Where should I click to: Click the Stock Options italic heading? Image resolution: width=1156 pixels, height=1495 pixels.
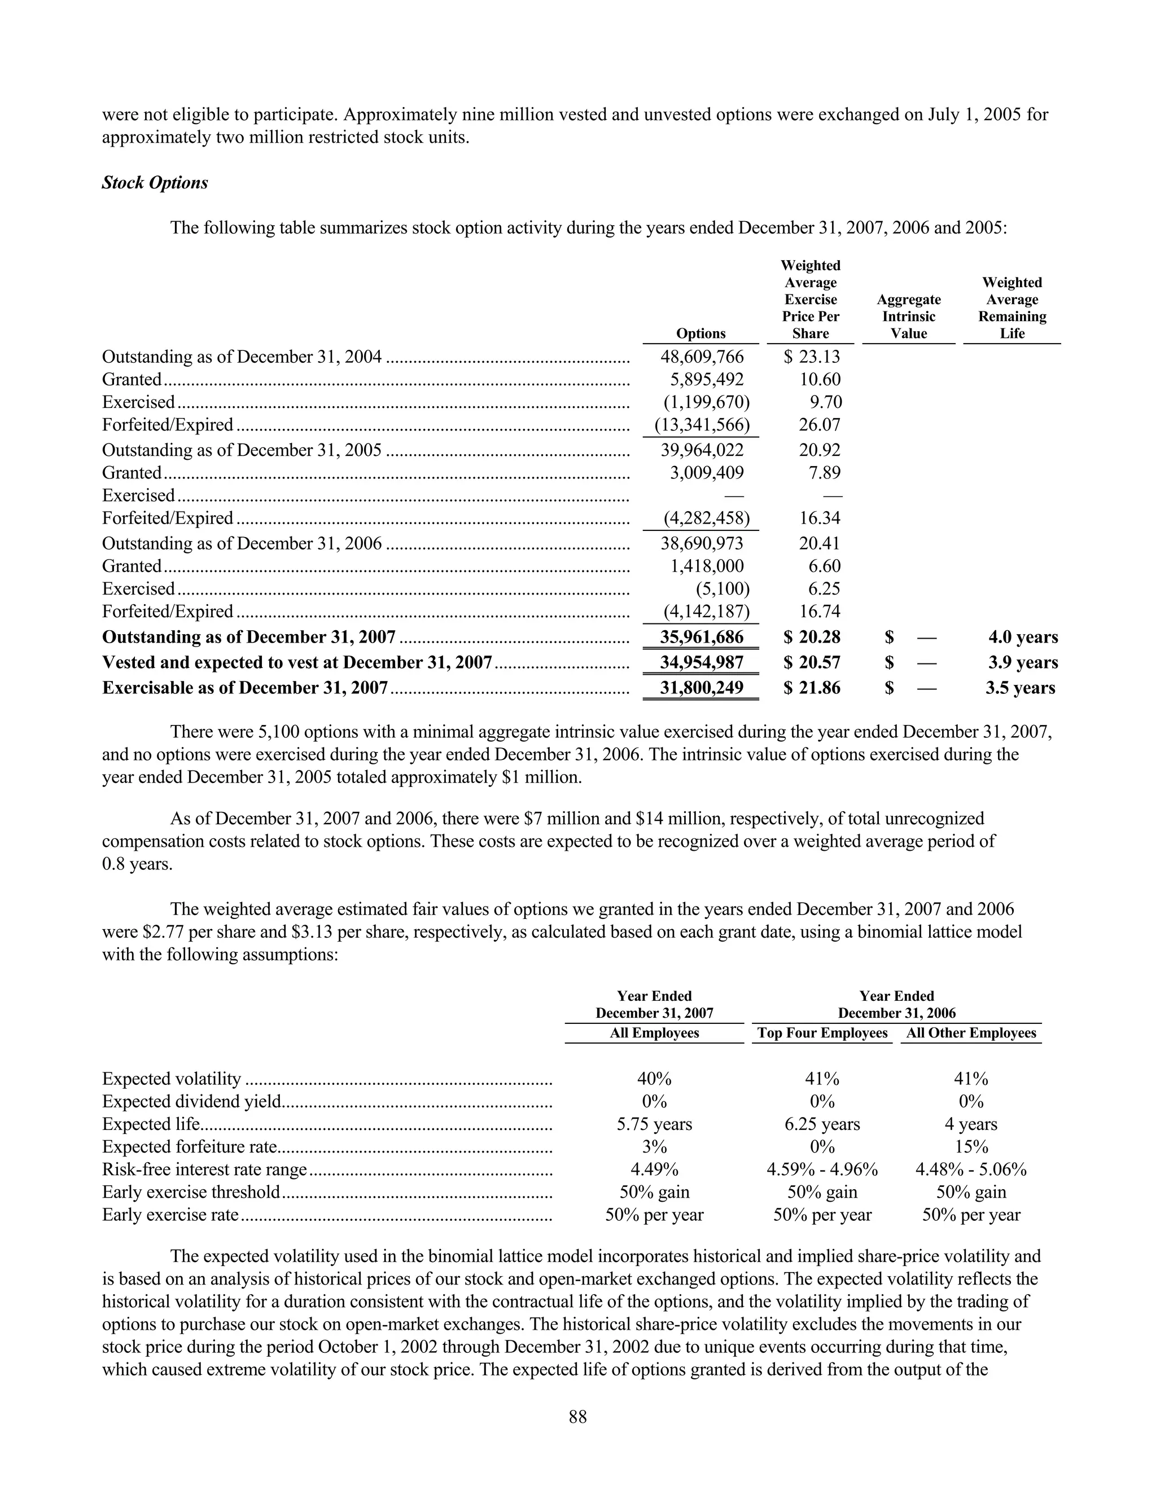tap(155, 183)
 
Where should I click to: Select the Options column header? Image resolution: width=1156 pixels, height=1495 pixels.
tap(700, 333)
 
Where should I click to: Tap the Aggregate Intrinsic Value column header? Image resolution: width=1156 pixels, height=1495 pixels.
tap(908, 316)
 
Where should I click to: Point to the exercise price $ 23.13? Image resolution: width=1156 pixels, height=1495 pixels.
tap(812, 357)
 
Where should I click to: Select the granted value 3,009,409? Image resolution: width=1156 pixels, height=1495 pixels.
tap(706, 472)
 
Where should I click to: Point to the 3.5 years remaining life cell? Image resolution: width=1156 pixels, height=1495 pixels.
tap(1020, 688)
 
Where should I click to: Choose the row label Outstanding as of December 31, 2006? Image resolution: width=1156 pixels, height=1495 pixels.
tap(242, 543)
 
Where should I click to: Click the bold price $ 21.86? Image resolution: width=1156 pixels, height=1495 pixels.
tap(812, 688)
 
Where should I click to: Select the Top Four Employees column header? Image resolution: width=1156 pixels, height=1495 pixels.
tap(822, 1033)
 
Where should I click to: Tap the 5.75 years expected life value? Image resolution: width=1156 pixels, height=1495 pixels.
tap(654, 1124)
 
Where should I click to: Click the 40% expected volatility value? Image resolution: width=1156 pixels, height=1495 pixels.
tap(654, 1079)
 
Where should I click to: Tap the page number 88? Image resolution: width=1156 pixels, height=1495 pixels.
tap(577, 1417)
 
